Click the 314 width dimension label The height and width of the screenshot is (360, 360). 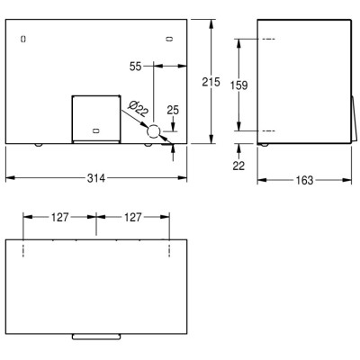(96, 178)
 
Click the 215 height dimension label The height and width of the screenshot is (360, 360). (211, 82)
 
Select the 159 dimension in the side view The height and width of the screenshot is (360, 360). (238, 85)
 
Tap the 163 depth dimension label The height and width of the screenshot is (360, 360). (304, 180)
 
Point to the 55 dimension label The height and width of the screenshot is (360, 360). (135, 67)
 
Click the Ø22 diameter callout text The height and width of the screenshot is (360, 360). (138, 109)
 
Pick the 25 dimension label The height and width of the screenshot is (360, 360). (173, 111)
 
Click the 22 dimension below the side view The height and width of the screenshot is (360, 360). (238, 166)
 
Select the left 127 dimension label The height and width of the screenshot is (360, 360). (60, 217)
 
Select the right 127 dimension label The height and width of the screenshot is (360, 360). (133, 217)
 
